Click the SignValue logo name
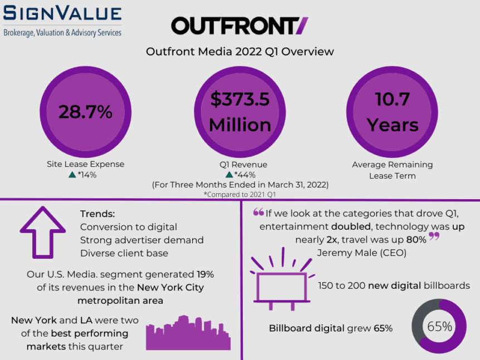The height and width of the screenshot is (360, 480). [62, 14]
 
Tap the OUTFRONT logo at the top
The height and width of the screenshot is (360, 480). [239, 26]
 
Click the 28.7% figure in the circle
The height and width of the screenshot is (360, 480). [86, 112]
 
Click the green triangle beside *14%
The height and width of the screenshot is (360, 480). [72, 175]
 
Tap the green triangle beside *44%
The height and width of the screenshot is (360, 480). [229, 175]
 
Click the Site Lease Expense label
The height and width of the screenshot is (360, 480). [86, 164]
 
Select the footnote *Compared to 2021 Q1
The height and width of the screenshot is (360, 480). [239, 194]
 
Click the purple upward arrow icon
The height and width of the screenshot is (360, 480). [43, 234]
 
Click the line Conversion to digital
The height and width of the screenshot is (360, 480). [129, 227]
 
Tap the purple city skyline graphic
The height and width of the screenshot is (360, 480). [188, 334]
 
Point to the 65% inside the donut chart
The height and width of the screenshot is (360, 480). [439, 326]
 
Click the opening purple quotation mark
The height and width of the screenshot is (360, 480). [258, 212]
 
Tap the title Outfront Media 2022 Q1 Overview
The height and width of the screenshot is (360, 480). [239, 52]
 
